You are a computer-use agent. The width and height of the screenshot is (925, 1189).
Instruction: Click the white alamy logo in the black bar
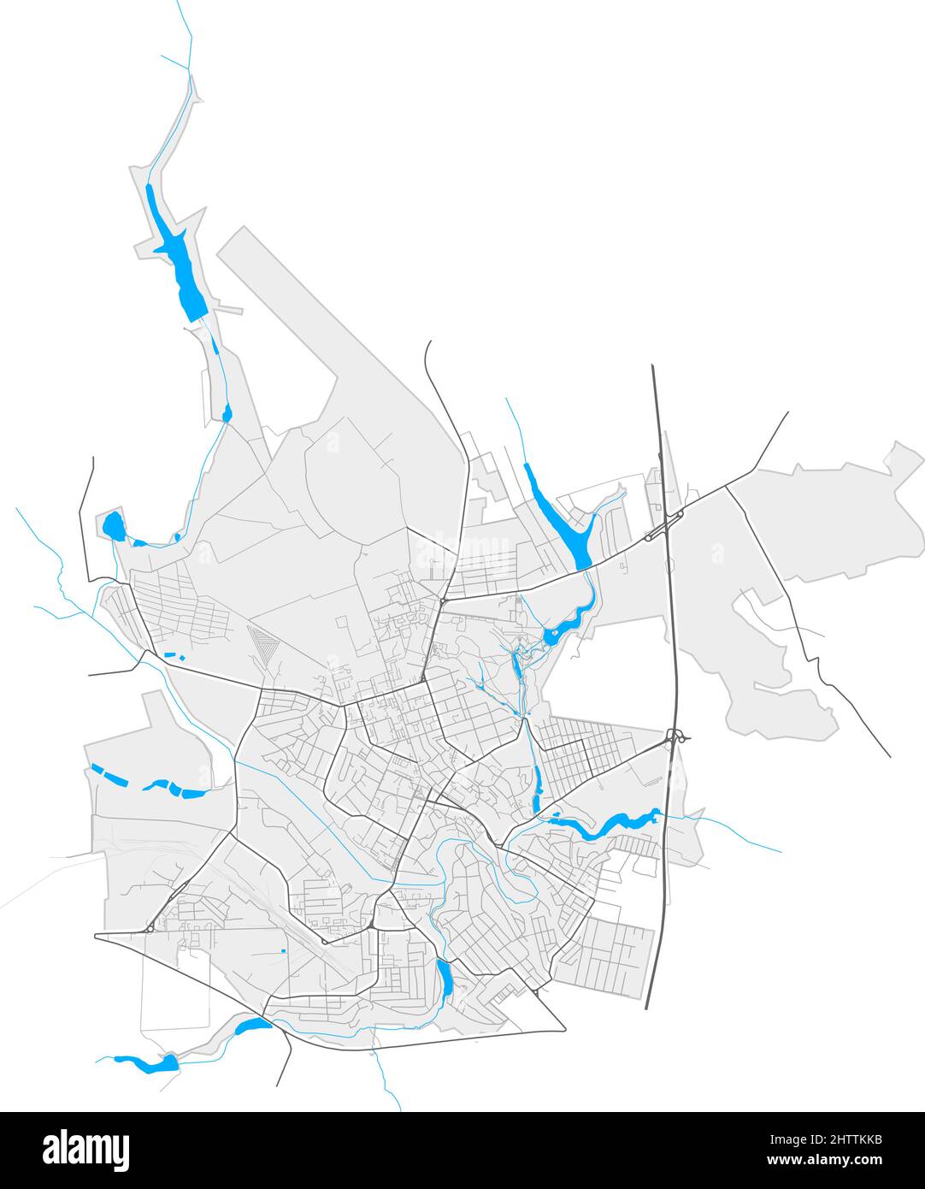85,1150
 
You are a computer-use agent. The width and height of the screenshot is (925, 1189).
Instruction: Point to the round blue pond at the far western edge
112,525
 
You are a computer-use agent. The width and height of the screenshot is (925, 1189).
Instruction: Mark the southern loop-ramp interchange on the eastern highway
677,736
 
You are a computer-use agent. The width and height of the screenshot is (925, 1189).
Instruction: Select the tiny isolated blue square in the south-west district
282,950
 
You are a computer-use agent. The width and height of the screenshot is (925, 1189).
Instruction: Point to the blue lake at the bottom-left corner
150,1063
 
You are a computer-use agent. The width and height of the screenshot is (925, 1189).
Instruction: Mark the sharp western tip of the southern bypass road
96,936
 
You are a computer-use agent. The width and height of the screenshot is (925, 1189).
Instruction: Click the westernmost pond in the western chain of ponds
108,774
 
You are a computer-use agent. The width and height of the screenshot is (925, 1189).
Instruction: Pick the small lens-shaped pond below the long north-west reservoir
227,415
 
